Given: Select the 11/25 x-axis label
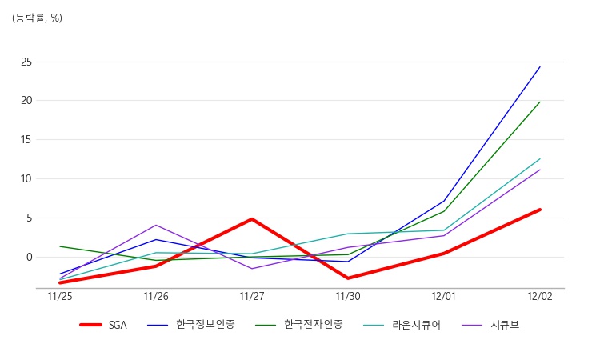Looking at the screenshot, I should point(60,296).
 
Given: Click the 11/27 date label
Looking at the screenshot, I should point(252,296).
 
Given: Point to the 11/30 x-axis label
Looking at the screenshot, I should point(348,296).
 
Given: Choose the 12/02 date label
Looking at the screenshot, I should point(540,296).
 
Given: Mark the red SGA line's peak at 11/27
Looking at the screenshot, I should point(252,218).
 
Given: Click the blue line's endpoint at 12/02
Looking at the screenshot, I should point(540,66).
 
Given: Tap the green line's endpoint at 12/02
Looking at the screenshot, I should point(540,102).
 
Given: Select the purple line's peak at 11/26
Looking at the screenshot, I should point(156,225).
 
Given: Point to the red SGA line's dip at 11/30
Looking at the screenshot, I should point(348,278).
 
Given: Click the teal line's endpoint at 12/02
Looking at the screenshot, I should point(540,158).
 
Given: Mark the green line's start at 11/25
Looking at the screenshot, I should point(60,246).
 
